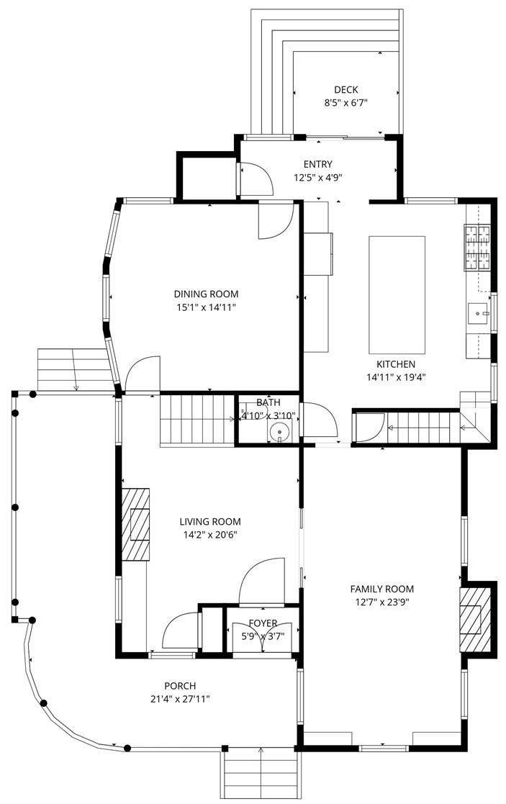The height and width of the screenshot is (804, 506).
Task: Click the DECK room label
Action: pyautogui.click(x=345, y=90)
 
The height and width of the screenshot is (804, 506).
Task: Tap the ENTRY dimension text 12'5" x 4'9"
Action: pyautogui.click(x=318, y=178)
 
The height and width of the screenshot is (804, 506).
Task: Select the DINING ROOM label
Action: pyautogui.click(x=206, y=294)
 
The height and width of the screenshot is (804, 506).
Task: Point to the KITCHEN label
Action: pyautogui.click(x=396, y=364)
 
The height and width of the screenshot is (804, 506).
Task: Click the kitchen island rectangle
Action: pyautogui.click(x=397, y=295)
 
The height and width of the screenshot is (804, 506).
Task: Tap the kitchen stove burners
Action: pyautogui.click(x=477, y=248)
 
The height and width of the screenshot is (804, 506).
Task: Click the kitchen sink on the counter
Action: pyautogui.click(x=479, y=313)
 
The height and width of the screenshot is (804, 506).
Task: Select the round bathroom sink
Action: pyautogui.click(x=279, y=432)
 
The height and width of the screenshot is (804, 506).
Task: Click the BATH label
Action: pyautogui.click(x=268, y=402)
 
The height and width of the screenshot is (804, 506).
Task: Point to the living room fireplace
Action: pyautogui.click(x=135, y=524)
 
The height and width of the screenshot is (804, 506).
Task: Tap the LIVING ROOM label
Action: pyautogui.click(x=210, y=522)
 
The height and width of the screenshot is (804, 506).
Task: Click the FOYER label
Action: pyautogui.click(x=263, y=623)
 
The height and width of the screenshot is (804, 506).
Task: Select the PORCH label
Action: pyautogui.click(x=180, y=685)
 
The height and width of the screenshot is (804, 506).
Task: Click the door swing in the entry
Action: pyautogui.click(x=256, y=179)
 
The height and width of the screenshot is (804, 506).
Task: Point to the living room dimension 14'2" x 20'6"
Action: pyautogui.click(x=210, y=535)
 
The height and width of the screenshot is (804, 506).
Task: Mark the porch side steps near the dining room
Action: pyautogui.click(x=76, y=369)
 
